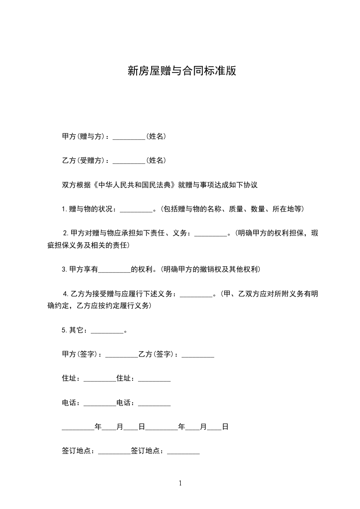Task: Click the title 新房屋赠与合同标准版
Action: pos(182,71)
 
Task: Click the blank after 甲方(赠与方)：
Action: pos(128,136)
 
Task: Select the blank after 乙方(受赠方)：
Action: pos(128,161)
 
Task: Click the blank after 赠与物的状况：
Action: pos(137,210)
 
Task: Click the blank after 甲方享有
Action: pos(114,269)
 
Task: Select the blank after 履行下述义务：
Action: pos(197,294)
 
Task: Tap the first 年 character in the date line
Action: pos(98,427)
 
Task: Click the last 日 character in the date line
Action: pos(225,427)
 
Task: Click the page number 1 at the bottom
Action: pos(180,484)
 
